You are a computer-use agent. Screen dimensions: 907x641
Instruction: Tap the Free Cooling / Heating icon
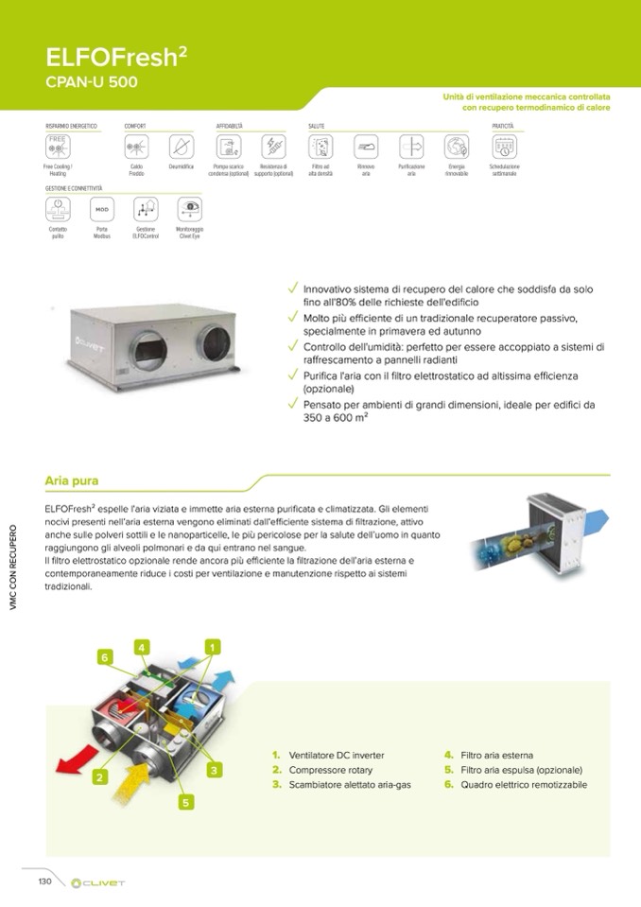[57, 147]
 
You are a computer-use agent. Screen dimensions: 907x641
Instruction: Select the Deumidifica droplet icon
[181, 147]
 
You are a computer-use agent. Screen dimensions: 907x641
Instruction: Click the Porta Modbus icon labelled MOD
[101, 208]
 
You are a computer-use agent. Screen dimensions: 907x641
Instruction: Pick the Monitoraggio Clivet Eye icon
[189, 208]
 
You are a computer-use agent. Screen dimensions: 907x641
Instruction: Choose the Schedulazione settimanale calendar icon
[504, 147]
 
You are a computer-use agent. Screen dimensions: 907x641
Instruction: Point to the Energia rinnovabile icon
[457, 147]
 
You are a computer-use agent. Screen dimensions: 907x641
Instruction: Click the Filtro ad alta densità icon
[320, 147]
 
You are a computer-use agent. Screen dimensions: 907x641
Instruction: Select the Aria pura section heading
[72, 481]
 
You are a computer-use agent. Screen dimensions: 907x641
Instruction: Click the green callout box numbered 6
[105, 656]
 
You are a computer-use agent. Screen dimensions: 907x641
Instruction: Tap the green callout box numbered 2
[98, 777]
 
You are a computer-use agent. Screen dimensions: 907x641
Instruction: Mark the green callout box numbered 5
[185, 803]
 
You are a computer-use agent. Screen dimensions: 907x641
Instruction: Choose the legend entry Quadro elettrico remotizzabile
[523, 785]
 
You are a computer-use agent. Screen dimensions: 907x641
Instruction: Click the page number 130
[43, 881]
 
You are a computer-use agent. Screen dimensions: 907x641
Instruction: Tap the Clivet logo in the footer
[98, 882]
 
